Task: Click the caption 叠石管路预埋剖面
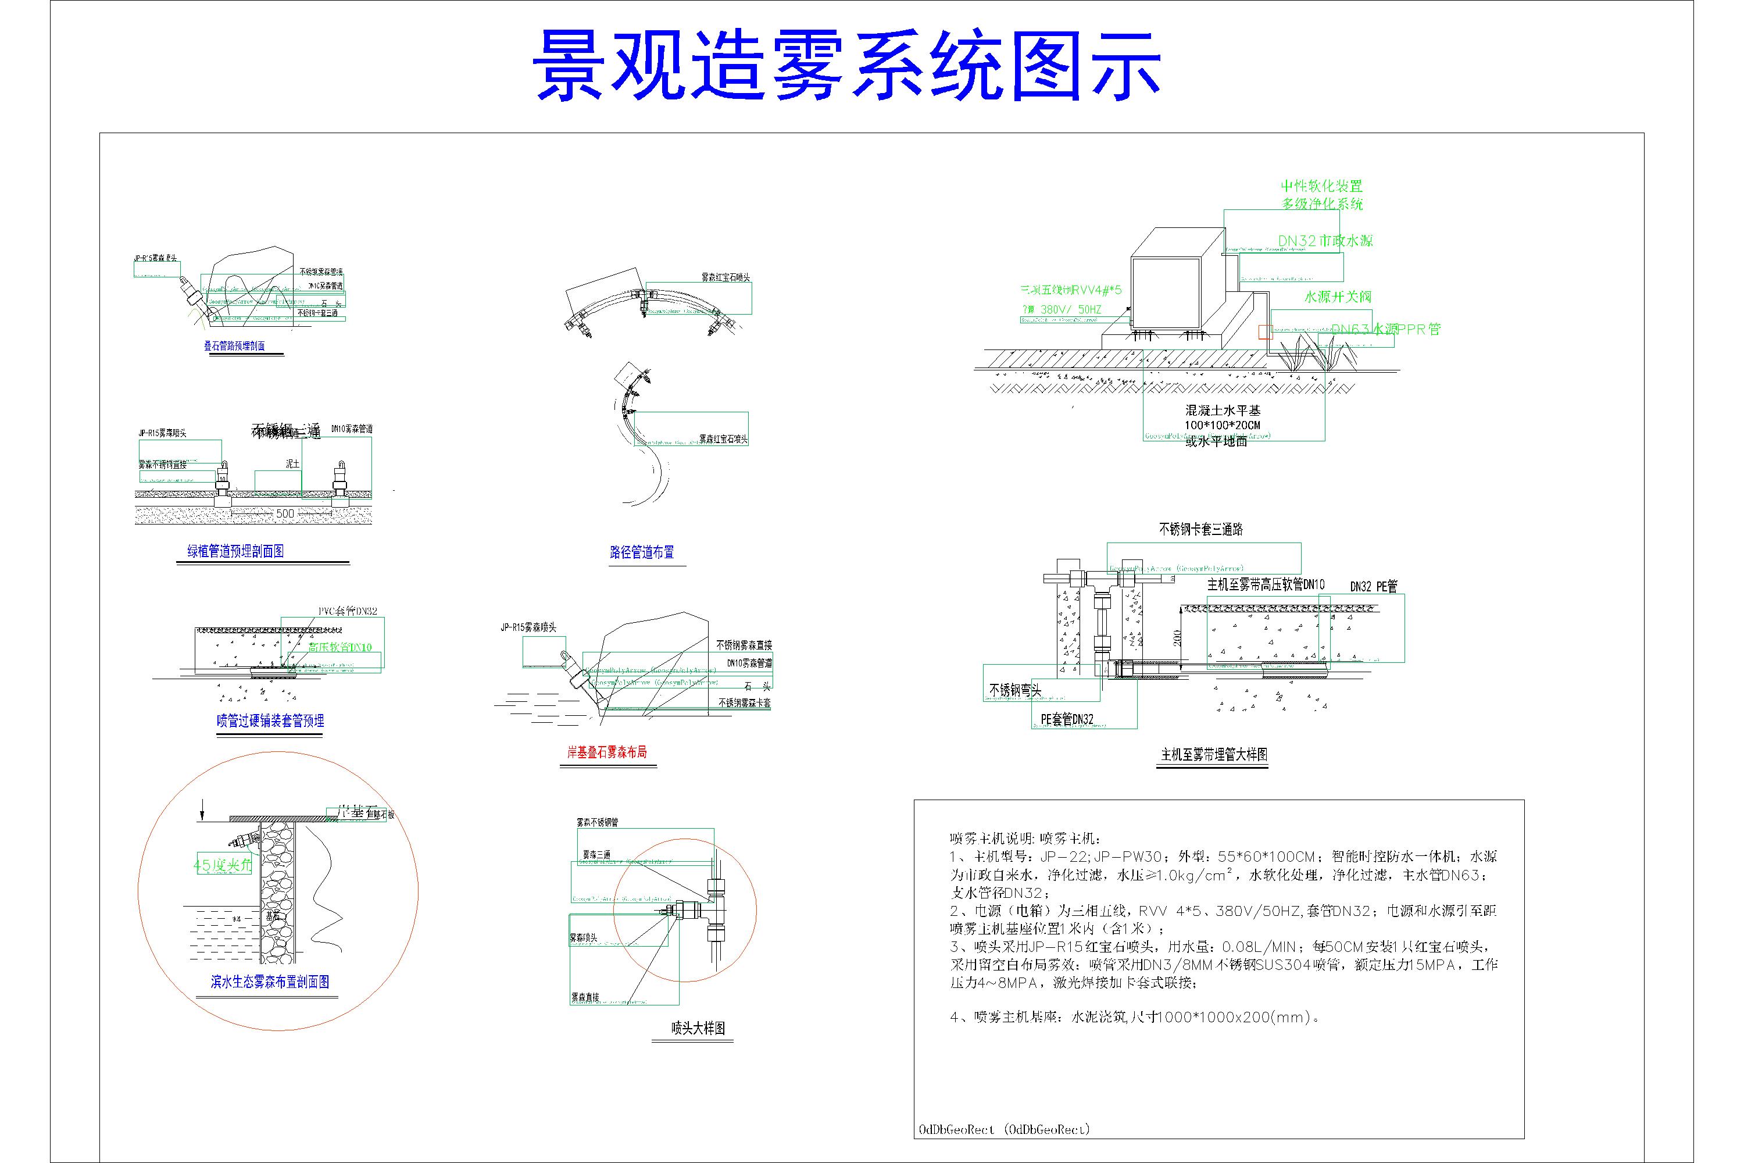pyautogui.click(x=234, y=345)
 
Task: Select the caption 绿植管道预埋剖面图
pyautogui.click(x=235, y=551)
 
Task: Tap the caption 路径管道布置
pyautogui.click(x=642, y=552)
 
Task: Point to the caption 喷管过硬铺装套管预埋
pyautogui.click(x=270, y=720)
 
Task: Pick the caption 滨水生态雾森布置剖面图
pyautogui.click(x=270, y=982)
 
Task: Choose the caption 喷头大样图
pyautogui.click(x=698, y=1028)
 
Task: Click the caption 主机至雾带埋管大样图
pyautogui.click(x=1214, y=755)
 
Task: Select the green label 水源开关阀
pyautogui.click(x=1338, y=297)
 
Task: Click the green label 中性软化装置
pyautogui.click(x=1322, y=186)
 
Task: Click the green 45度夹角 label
pyautogui.click(x=223, y=865)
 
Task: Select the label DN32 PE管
pyautogui.click(x=1373, y=586)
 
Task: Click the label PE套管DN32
pyautogui.click(x=1067, y=719)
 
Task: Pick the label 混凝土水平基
pyautogui.click(x=1223, y=410)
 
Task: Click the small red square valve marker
pyautogui.click(x=1264, y=331)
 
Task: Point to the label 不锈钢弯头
pyautogui.click(x=1015, y=690)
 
